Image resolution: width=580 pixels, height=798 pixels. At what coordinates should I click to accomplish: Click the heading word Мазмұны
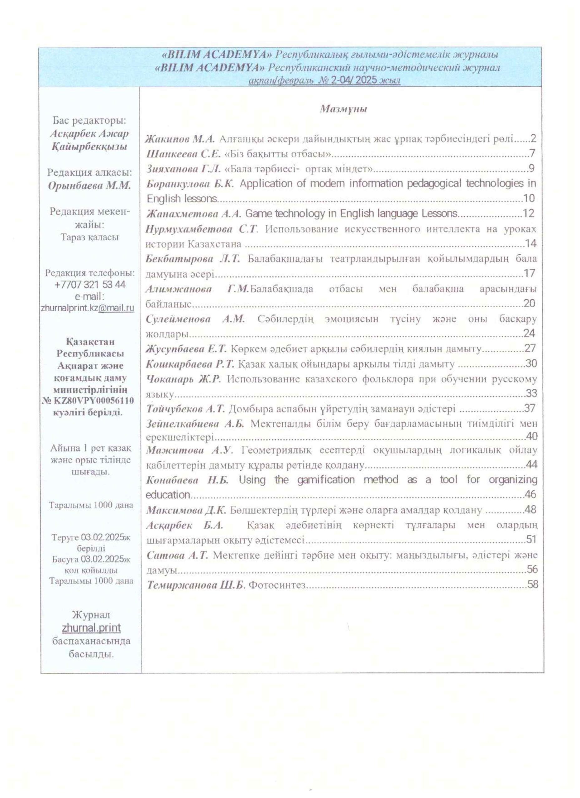[x=343, y=109]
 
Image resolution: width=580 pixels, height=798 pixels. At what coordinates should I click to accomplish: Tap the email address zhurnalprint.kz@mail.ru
[x=88, y=308]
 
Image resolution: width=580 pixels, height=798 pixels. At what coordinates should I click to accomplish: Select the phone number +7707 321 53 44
[x=90, y=284]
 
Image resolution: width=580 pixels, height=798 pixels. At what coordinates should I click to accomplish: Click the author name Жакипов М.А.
[x=180, y=139]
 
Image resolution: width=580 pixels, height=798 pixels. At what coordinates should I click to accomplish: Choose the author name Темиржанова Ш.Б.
[x=195, y=585]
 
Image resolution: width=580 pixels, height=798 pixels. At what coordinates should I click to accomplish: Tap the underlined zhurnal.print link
[x=91, y=628]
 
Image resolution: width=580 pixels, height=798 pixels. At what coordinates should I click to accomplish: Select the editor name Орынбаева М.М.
[x=89, y=186]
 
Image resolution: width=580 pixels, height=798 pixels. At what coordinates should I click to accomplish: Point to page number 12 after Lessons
[x=529, y=213]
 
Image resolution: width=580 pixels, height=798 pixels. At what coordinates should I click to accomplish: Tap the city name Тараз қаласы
[x=90, y=237]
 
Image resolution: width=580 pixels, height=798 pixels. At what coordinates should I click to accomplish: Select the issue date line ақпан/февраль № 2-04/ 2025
[x=324, y=80]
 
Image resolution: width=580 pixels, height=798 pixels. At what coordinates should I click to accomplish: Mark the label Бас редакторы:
[x=89, y=121]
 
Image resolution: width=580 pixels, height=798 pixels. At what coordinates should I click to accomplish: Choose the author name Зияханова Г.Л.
[x=184, y=169]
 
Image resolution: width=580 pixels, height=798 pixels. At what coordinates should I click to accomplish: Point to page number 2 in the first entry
[x=533, y=139]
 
